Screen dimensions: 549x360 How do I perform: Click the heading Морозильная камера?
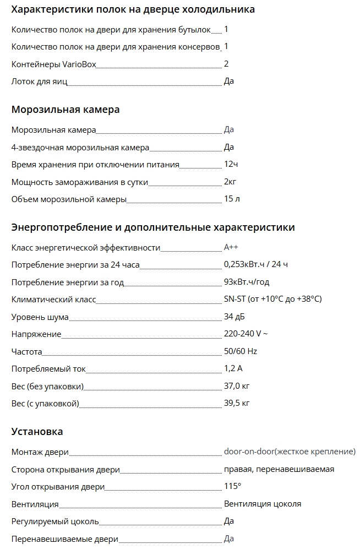pos(66,110)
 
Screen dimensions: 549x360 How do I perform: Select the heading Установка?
pos(37,432)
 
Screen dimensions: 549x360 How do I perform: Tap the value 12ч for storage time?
pos(231,164)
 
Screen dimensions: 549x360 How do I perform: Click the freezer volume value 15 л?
pos(232,199)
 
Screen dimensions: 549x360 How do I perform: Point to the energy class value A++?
pos(231,247)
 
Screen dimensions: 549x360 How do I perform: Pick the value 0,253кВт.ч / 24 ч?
pos(256,264)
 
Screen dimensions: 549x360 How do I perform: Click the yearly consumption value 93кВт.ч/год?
pos(247,282)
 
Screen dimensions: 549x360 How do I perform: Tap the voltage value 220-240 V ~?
pos(246,334)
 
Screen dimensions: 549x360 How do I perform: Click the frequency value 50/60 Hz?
pos(241,351)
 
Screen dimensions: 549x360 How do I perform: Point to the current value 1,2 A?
pos(233,368)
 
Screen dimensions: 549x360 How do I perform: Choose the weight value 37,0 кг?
pos(237,385)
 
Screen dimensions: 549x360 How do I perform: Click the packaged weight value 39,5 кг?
pos(237,403)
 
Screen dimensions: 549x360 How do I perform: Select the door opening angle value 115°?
pos(232,486)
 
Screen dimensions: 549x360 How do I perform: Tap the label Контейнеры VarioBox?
pos(54,64)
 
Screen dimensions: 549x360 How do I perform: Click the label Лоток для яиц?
pos(39,81)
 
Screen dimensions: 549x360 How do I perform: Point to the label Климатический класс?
pos(53,299)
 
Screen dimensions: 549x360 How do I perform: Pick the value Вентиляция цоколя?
pos(263,503)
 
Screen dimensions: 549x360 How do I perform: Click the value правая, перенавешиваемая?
pos(279,469)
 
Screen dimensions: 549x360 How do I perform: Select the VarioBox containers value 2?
pos(226,64)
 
